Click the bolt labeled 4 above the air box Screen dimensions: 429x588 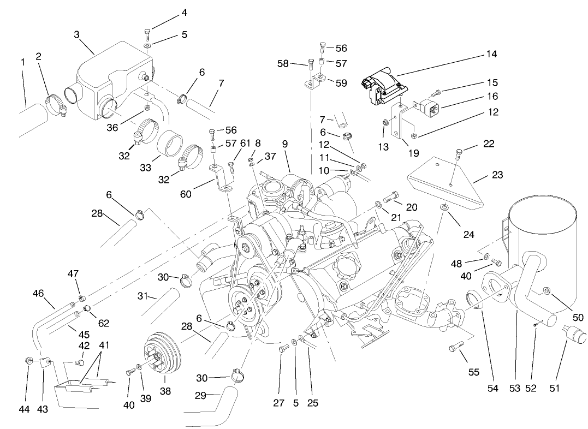(149, 31)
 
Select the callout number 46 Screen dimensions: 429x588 (38, 293)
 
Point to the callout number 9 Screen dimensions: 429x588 (284, 145)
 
